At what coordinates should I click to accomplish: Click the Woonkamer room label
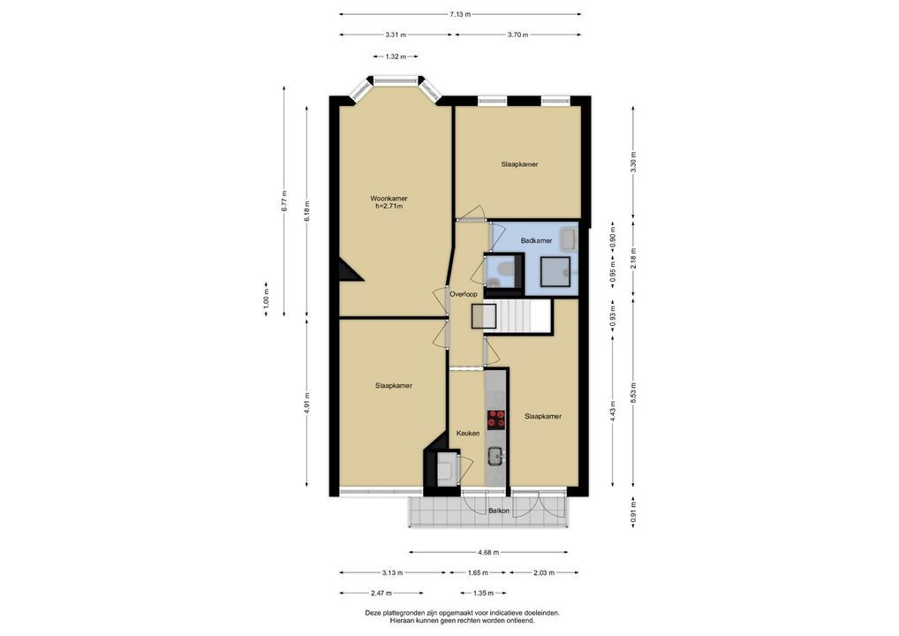click(x=389, y=199)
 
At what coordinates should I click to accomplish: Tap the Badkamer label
click(x=536, y=241)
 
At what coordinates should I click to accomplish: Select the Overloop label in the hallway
click(x=464, y=294)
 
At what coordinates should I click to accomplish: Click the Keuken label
click(x=468, y=434)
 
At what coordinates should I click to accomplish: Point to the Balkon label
click(x=499, y=511)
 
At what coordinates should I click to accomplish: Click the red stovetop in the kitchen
click(x=496, y=420)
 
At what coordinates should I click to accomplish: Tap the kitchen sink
click(x=496, y=457)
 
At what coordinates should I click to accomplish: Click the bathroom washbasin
click(x=569, y=238)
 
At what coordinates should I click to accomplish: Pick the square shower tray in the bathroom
click(x=555, y=272)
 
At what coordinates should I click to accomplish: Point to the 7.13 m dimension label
click(x=460, y=14)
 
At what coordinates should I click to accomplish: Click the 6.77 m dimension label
click(x=283, y=201)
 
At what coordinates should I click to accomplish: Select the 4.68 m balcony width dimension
click(x=488, y=552)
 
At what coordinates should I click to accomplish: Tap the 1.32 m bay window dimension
click(x=396, y=57)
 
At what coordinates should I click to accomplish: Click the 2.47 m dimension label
click(x=382, y=593)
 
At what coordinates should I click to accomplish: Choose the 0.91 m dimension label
click(x=633, y=512)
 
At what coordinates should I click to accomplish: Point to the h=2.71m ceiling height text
click(x=389, y=207)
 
